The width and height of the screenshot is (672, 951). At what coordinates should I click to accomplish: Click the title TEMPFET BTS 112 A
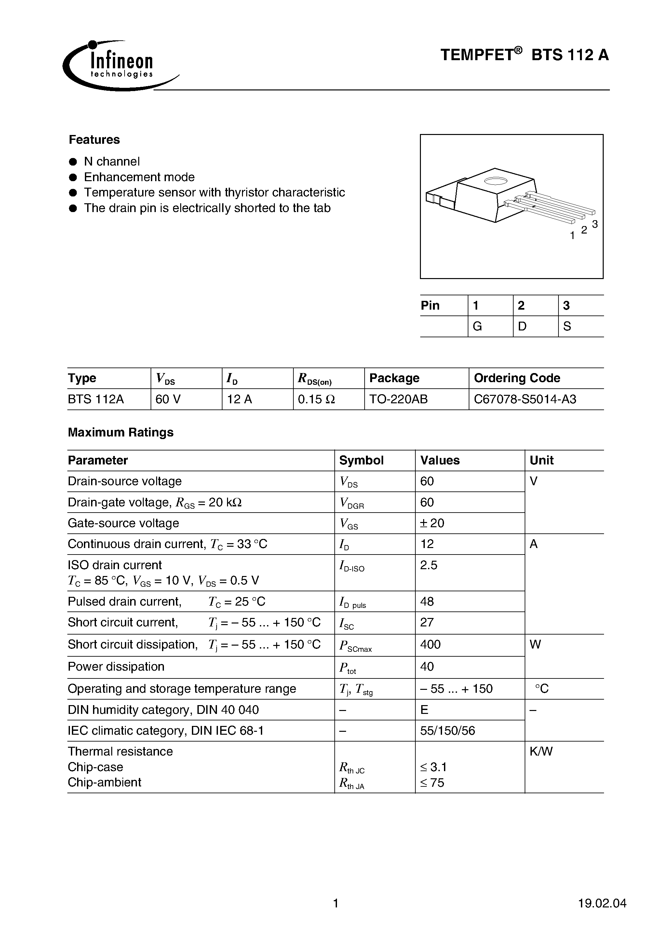coord(524,55)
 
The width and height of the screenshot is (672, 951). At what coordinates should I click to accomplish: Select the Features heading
coord(94,140)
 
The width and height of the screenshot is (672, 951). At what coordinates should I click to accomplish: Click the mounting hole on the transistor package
coord(495,181)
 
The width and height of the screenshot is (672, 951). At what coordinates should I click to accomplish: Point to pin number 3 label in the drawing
coord(595,224)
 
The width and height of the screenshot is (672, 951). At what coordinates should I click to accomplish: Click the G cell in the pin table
coord(477,327)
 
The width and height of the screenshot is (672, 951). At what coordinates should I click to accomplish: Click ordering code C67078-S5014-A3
coord(525,399)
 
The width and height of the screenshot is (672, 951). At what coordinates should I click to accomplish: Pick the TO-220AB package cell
coord(398,399)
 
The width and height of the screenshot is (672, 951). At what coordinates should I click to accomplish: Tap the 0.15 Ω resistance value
coord(316,399)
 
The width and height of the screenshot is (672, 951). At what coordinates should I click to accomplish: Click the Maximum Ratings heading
coord(121,433)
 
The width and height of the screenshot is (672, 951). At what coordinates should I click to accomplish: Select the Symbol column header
coord(361,460)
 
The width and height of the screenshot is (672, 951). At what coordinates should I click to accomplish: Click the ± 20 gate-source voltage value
coord(432,523)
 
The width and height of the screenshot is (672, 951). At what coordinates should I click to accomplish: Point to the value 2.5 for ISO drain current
coord(428,565)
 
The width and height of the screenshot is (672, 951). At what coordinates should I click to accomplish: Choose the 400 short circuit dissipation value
coord(430,645)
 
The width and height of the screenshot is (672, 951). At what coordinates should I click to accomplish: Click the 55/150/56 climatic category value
coord(448,730)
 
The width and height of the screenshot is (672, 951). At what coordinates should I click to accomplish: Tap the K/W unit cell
coord(541,751)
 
